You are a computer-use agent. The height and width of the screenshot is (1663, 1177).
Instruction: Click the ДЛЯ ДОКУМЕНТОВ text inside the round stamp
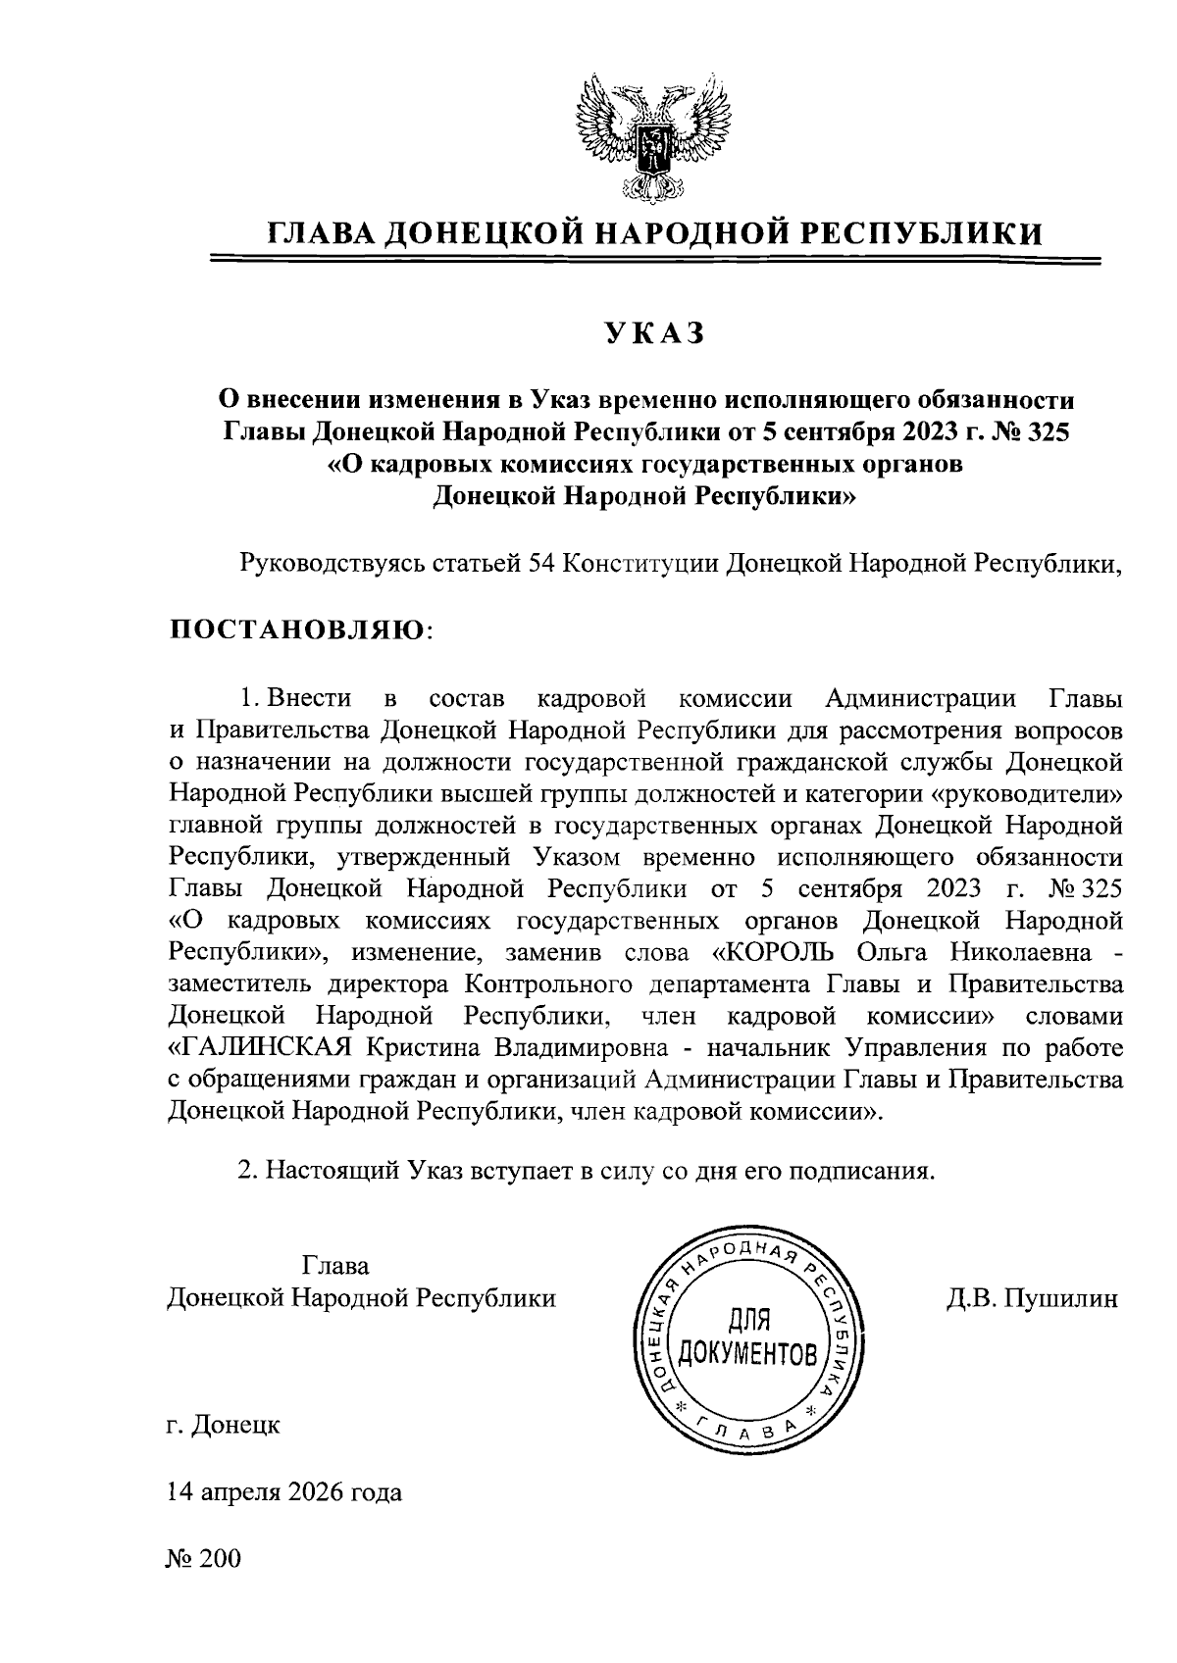747,1337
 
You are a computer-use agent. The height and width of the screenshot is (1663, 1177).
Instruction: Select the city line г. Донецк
224,1423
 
